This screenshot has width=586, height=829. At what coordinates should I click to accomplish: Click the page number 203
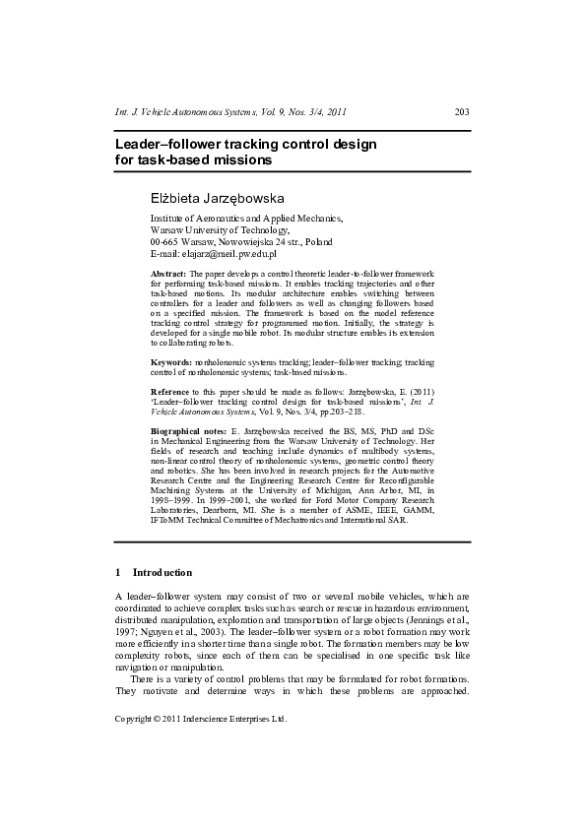click(462, 112)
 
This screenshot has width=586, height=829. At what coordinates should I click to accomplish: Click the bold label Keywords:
click(171, 363)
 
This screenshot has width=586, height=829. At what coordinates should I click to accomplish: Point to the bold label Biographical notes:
click(188, 432)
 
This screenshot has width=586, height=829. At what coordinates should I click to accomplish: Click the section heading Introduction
click(162, 572)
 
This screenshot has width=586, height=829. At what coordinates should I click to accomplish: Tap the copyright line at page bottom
click(201, 718)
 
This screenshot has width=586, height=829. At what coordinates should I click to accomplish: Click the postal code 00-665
click(164, 241)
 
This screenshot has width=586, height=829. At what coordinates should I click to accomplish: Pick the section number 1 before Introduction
click(118, 572)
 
